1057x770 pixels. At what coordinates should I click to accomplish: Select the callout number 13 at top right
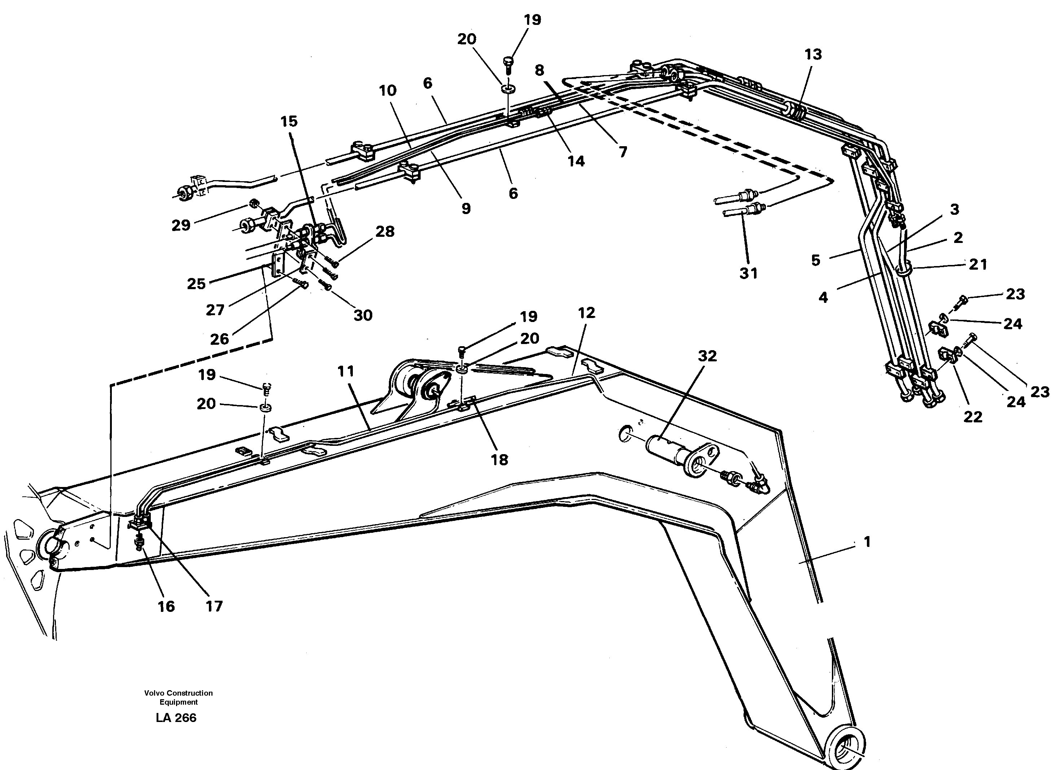coord(813,55)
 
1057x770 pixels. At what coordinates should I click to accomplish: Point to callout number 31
coord(749,273)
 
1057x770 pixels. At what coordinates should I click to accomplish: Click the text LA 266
coord(176,718)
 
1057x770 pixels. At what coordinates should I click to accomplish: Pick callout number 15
coord(289,121)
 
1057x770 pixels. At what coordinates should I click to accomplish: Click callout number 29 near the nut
coord(181,225)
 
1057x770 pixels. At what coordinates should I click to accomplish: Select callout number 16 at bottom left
coord(166,606)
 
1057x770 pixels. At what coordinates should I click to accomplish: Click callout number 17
coord(214,606)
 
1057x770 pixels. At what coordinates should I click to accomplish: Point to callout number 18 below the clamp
coord(499,460)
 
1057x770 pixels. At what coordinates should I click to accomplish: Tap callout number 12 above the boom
coord(586,313)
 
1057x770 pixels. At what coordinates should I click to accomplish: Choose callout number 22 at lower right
coord(973,417)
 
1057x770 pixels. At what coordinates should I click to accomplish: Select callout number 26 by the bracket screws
coord(219,339)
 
